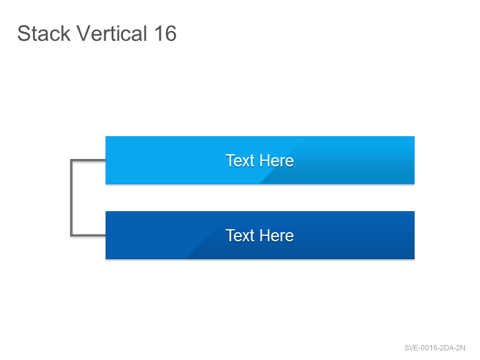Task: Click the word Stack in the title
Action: (44, 33)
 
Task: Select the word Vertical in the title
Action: (112, 33)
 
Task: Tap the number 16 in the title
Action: (166, 33)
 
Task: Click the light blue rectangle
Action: (260, 160)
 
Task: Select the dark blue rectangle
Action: (260, 235)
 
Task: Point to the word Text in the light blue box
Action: (241, 160)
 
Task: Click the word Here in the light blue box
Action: (277, 160)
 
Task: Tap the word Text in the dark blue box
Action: (241, 235)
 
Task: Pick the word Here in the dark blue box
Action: (277, 235)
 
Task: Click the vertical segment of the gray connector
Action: (71, 198)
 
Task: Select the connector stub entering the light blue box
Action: (88, 160)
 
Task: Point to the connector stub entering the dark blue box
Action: (88, 235)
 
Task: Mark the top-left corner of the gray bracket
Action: (71, 160)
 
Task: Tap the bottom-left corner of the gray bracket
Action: (71, 235)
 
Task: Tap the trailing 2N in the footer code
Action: (460, 348)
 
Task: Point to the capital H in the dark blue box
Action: (265, 235)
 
